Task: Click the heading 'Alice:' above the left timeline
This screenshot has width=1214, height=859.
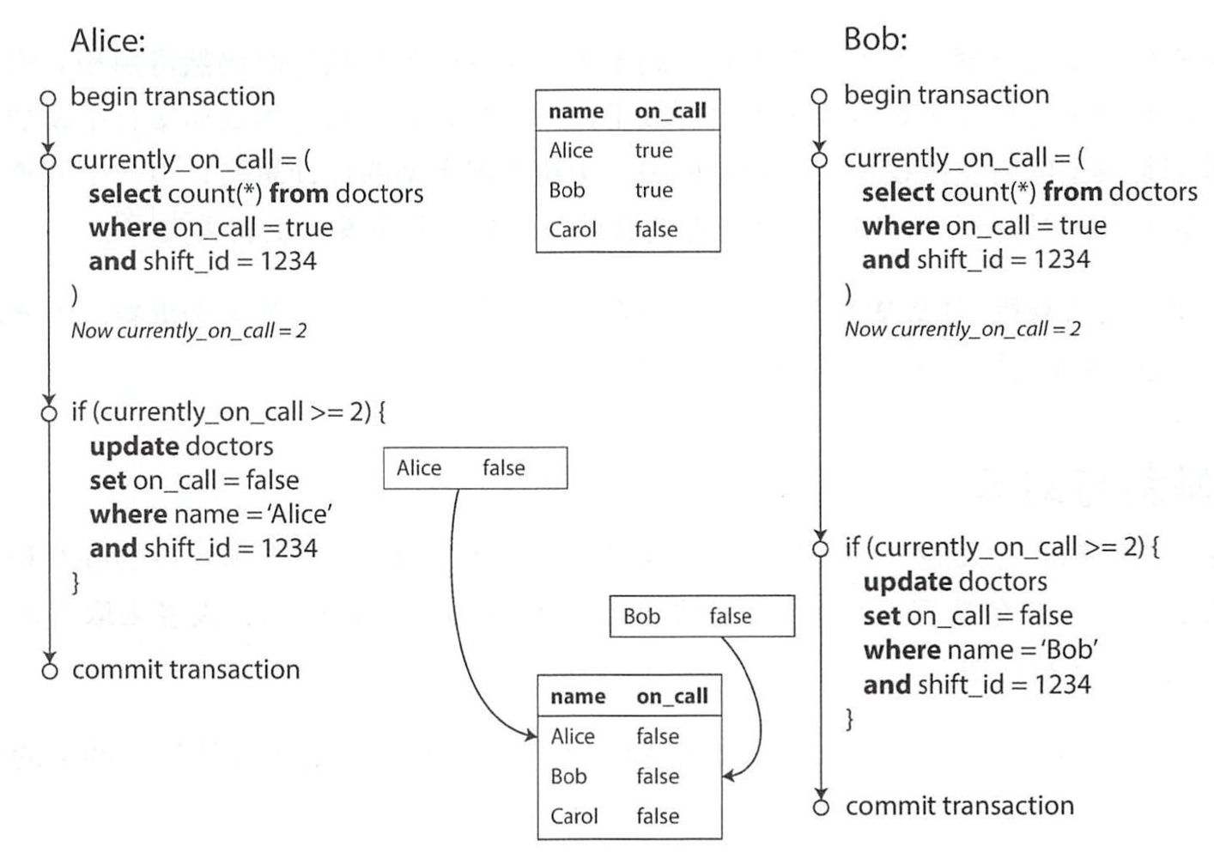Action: coord(108,40)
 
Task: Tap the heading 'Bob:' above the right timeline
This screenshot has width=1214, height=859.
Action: coord(875,39)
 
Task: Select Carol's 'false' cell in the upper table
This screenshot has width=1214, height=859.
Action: coord(656,229)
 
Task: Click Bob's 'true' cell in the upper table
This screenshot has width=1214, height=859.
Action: coord(653,191)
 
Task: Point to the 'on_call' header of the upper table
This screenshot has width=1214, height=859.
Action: coord(671,111)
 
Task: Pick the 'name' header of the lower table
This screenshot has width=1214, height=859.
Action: coord(578,696)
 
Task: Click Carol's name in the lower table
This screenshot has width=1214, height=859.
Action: coord(574,816)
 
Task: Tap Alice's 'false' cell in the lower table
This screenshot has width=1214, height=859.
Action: coord(658,736)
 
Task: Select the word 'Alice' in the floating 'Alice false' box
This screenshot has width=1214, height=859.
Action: coord(419,467)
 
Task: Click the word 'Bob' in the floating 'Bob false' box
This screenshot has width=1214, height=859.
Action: coord(641,616)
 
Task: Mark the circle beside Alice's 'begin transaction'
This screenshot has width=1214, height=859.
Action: coord(48,98)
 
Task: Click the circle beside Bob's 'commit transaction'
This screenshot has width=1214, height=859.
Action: coord(821,807)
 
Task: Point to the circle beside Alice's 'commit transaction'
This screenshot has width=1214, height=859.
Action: coord(50,672)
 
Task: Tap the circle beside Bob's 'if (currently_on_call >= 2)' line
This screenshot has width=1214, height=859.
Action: coord(821,549)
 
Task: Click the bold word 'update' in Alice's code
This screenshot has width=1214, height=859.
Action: coord(134,447)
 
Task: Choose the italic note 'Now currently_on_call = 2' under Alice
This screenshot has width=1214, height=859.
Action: coord(189,330)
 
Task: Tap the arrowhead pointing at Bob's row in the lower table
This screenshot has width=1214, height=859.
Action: coord(729,776)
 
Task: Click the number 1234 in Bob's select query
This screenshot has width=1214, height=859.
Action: coord(1062,259)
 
